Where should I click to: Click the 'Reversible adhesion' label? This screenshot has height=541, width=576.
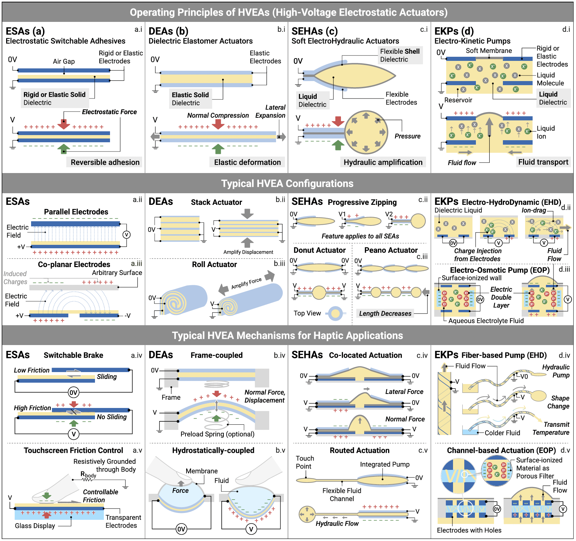[x=105, y=162]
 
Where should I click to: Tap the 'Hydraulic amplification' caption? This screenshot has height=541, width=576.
[x=383, y=162]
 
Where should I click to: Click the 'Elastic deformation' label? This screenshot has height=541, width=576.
[x=247, y=162]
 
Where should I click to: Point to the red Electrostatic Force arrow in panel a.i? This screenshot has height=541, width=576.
[x=64, y=124]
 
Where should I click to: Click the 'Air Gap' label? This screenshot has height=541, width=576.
[x=64, y=61]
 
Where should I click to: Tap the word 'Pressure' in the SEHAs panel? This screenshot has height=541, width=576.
[x=408, y=136]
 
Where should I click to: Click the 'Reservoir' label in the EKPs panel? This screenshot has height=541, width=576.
[x=458, y=100]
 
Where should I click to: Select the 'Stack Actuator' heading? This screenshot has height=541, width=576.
[x=216, y=202]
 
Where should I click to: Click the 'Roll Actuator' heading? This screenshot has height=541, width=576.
[x=214, y=264]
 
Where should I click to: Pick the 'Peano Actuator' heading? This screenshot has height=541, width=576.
[x=391, y=250]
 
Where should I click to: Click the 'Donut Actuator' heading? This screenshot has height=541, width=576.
[x=319, y=250]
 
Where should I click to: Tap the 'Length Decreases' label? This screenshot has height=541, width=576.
[x=385, y=313]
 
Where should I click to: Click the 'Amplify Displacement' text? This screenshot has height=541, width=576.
[x=248, y=252]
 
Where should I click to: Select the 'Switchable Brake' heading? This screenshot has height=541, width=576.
[x=73, y=355]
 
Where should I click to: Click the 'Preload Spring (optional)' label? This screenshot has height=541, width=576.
[x=217, y=434]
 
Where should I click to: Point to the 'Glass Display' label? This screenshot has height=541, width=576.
[x=35, y=526]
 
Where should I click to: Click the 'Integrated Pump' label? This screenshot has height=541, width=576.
[x=385, y=464]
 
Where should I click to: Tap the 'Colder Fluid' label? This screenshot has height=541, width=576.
[x=502, y=433]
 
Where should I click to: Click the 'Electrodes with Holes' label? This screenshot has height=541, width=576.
[x=469, y=530]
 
